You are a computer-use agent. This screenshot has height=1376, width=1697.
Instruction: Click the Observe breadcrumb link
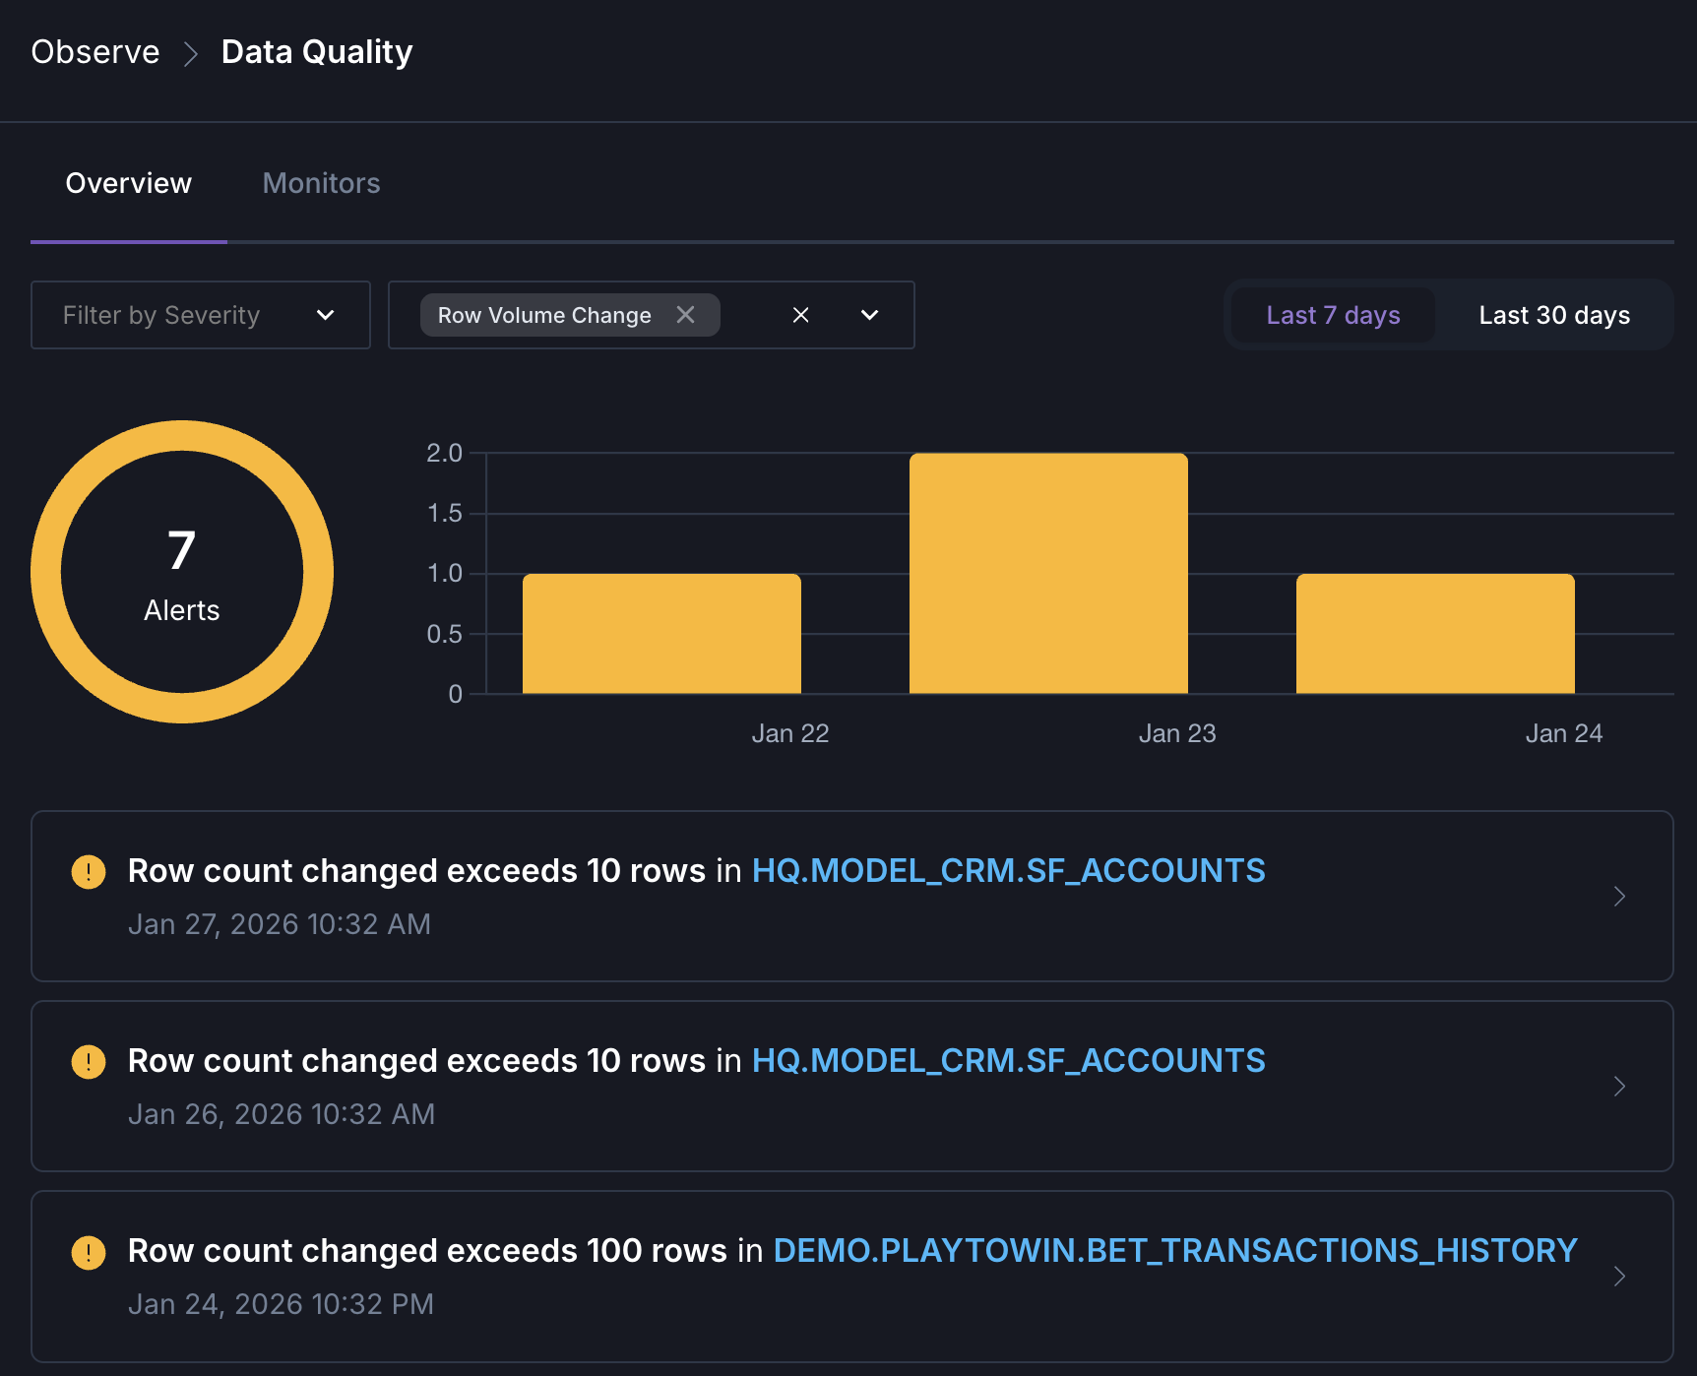(x=95, y=52)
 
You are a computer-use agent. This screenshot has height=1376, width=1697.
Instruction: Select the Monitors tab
(x=321, y=183)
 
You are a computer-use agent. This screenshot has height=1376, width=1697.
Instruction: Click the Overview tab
(x=129, y=183)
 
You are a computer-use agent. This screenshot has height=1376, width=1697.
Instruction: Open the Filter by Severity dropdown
(x=201, y=315)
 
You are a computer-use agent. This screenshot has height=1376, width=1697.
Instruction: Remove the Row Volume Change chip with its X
(x=686, y=315)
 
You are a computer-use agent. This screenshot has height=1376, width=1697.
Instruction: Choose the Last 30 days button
(x=1553, y=315)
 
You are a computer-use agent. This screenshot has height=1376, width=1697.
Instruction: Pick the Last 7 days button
(x=1333, y=315)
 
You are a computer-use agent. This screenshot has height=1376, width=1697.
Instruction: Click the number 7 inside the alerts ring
(x=182, y=550)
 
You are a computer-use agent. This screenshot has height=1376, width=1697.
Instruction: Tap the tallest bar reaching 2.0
(x=1048, y=573)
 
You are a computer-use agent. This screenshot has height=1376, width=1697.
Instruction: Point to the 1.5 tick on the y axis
(x=444, y=514)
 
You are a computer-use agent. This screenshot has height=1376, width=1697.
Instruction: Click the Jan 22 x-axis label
(x=789, y=733)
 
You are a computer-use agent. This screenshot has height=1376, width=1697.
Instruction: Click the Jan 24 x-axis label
(x=1563, y=733)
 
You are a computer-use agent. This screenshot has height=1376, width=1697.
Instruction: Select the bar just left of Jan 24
(x=1435, y=634)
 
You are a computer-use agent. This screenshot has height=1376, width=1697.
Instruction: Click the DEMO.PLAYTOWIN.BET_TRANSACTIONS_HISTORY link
(x=1175, y=1250)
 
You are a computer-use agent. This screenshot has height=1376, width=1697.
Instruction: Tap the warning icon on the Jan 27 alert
(x=89, y=871)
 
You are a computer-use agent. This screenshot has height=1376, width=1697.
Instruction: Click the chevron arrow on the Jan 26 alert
(x=1619, y=1086)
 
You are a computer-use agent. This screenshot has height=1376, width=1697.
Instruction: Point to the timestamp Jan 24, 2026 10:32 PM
(x=281, y=1304)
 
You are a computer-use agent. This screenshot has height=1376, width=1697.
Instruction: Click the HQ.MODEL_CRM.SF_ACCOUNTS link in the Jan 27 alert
(x=1008, y=871)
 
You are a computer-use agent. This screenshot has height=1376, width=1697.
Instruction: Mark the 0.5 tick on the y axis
(x=444, y=634)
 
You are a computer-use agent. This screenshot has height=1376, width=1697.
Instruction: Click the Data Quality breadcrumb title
(x=317, y=52)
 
